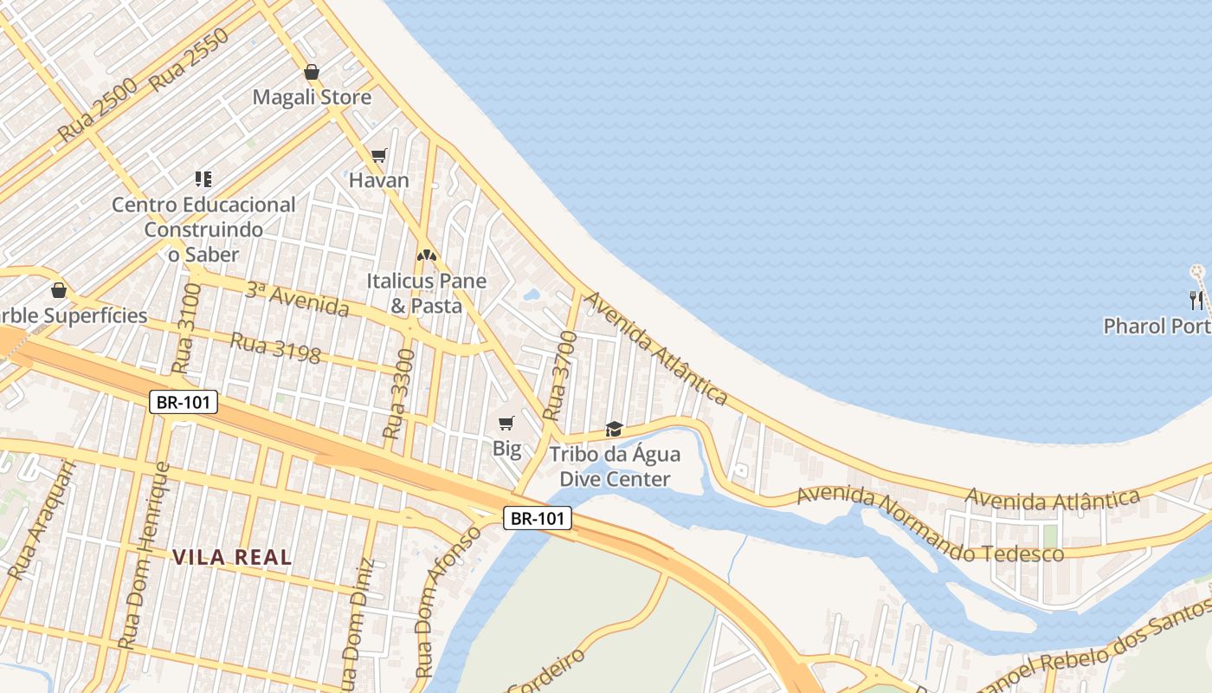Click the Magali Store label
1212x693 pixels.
pyautogui.click(x=312, y=97)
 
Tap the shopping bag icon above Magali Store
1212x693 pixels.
pyautogui.click(x=312, y=72)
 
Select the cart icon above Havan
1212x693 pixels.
pyautogui.click(x=378, y=156)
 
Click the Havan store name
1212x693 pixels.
pyautogui.click(x=378, y=180)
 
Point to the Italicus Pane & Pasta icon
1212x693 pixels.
pyautogui.click(x=425, y=256)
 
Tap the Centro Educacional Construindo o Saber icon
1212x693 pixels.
pyautogui.click(x=203, y=179)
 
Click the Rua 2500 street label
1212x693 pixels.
pyautogui.click(x=98, y=110)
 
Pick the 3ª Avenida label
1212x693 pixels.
pyautogui.click(x=296, y=299)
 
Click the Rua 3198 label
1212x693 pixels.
pyautogui.click(x=274, y=346)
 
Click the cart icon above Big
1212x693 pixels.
pyautogui.click(x=506, y=423)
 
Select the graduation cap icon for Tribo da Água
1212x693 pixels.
pyautogui.click(x=614, y=429)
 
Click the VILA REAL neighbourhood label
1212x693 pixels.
pyautogui.click(x=232, y=557)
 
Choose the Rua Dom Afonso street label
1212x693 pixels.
pyautogui.click(x=447, y=601)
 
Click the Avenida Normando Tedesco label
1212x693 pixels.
pyautogui.click(x=930, y=525)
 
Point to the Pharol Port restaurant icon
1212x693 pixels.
pyautogui.click(x=1196, y=301)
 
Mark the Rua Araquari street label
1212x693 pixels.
pyautogui.click(x=42, y=519)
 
